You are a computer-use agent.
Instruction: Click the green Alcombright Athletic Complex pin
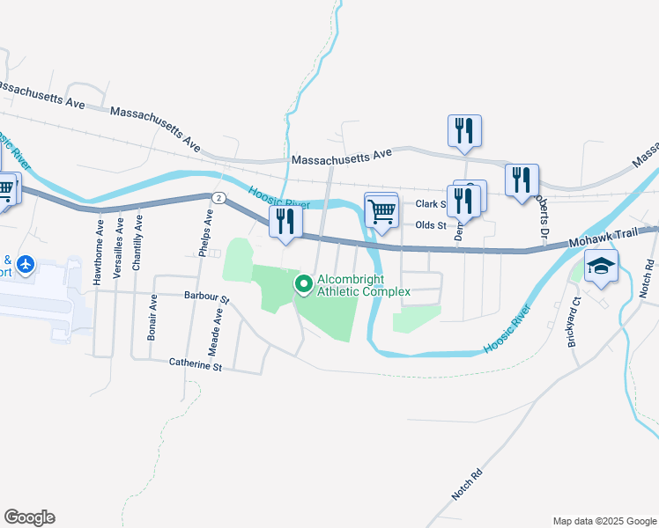[x=304, y=284]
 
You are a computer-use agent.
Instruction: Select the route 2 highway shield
[x=216, y=196]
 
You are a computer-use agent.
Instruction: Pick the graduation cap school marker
[x=601, y=265]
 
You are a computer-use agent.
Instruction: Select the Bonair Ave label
[x=152, y=318]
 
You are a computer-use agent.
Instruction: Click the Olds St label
[x=430, y=225]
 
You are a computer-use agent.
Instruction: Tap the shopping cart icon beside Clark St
[x=381, y=210]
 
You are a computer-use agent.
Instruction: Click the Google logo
[x=29, y=517]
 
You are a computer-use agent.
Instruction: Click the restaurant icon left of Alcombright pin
[x=285, y=222]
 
